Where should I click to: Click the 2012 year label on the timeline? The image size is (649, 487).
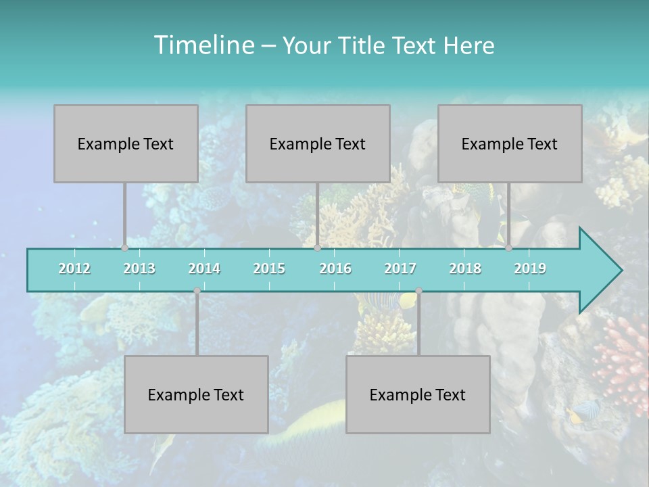click(x=74, y=269)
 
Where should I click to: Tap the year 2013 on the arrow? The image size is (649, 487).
click(x=139, y=269)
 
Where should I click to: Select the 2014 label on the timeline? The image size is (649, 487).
click(x=204, y=269)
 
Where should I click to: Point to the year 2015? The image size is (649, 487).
click(x=269, y=269)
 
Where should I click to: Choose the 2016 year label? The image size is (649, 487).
click(x=335, y=269)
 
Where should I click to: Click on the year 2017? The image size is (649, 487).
click(x=400, y=269)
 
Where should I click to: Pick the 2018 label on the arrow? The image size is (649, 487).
click(x=465, y=269)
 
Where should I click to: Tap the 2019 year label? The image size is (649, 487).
click(x=530, y=269)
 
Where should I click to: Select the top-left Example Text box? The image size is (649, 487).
click(x=126, y=143)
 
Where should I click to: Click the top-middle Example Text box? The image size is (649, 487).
click(x=318, y=143)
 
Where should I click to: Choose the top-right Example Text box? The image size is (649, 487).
click(x=510, y=143)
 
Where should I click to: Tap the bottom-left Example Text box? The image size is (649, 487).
click(x=196, y=394)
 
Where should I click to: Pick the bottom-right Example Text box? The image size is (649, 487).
click(x=418, y=394)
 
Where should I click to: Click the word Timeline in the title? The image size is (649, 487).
click(x=203, y=45)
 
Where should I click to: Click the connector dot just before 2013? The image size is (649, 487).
click(x=125, y=248)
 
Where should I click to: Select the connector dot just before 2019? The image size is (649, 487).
click(x=509, y=248)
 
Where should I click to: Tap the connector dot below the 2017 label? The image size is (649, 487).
click(x=418, y=291)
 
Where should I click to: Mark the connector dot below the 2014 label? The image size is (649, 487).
click(x=197, y=291)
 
